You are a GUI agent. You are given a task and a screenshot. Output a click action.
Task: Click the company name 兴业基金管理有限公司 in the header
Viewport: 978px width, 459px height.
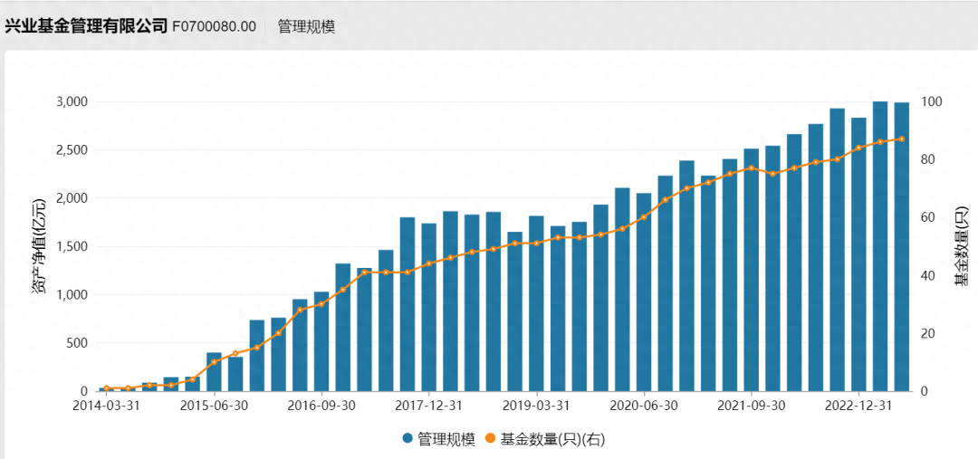tap(86, 25)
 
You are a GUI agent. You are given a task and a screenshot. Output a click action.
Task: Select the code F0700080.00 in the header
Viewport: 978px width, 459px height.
tap(214, 26)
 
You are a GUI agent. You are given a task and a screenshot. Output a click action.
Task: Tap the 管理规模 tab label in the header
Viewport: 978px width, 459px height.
tap(306, 26)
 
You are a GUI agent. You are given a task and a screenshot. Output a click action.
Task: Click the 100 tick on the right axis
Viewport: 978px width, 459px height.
tap(933, 101)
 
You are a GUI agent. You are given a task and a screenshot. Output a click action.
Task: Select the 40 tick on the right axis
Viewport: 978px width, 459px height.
tap(929, 275)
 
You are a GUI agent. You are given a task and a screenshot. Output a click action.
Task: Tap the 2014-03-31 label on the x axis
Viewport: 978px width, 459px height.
tap(107, 406)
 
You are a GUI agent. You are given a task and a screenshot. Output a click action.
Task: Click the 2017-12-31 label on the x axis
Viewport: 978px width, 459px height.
tap(429, 406)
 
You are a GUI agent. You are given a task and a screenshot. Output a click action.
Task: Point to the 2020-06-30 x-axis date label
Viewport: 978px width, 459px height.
tap(644, 406)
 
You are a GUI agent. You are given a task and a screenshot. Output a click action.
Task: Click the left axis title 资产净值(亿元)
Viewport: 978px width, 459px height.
tap(40, 246)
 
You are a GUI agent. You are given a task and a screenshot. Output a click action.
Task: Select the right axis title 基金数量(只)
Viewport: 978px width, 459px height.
tap(961, 246)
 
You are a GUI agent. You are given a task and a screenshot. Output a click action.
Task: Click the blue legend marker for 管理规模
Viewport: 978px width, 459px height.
tap(408, 439)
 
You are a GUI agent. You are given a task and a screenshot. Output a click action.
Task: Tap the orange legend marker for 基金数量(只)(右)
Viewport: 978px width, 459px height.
tap(492, 439)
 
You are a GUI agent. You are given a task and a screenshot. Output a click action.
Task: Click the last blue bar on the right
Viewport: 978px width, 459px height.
tap(901, 246)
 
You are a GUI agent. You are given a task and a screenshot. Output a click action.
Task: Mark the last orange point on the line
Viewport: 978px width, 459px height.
tap(901, 139)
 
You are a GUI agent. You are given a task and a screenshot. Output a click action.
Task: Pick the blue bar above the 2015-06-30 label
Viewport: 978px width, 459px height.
tap(214, 372)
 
